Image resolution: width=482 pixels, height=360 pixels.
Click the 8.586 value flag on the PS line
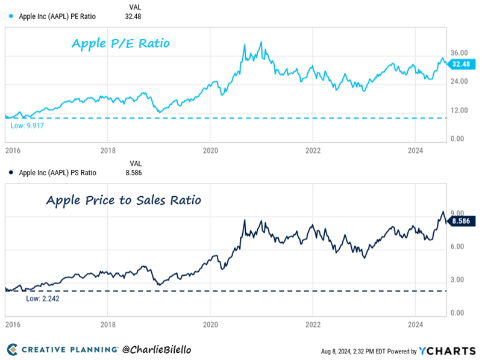pyautogui.click(x=463, y=221)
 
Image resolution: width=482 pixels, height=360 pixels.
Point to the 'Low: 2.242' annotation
pyautogui.click(x=43, y=298)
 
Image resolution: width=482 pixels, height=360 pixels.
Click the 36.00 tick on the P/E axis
pyautogui.click(x=460, y=53)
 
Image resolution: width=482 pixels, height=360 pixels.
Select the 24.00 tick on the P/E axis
pyautogui.click(x=460, y=82)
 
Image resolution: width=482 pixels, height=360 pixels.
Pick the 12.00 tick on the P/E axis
pyautogui.click(x=460, y=111)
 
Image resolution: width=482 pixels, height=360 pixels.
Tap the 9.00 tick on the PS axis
pyautogui.click(x=458, y=213)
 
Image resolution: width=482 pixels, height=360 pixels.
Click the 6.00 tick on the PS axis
pyautogui.click(x=458, y=247)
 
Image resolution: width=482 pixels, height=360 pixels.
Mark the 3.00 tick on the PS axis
pyautogui.click(x=458, y=280)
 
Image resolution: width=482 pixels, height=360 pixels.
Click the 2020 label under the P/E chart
pyautogui.click(x=210, y=149)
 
